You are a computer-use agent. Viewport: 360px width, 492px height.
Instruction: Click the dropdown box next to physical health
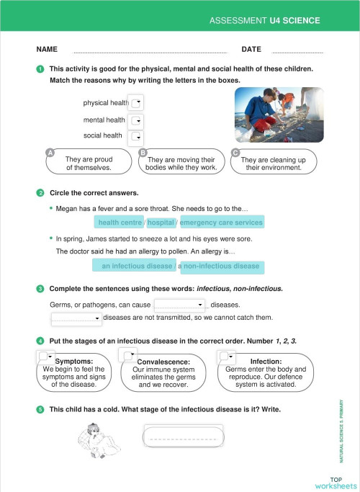(136, 102)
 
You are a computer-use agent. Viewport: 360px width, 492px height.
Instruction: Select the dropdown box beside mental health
(136, 120)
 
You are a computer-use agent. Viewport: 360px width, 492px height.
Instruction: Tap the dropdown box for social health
(136, 137)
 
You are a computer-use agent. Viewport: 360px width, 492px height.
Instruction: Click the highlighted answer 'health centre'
(119, 223)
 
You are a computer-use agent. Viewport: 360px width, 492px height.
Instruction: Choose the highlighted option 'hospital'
(161, 223)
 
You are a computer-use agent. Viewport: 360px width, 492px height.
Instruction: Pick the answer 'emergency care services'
(222, 223)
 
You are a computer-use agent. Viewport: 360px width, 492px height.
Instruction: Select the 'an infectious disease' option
(134, 266)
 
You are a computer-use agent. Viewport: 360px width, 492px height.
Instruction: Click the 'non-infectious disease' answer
(221, 267)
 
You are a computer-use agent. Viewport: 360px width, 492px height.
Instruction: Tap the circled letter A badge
(50, 153)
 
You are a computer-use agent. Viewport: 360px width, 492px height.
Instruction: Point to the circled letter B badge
(143, 153)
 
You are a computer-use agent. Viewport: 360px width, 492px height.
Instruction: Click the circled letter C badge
(235, 153)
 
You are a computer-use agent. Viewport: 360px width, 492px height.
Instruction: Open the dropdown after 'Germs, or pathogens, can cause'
(180, 305)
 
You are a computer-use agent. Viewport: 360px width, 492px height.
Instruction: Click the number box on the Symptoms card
(45, 356)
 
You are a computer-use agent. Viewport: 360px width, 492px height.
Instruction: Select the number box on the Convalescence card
(128, 355)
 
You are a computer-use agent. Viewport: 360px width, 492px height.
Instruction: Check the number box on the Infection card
(227, 356)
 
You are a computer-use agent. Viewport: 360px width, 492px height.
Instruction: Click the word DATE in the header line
(251, 50)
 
